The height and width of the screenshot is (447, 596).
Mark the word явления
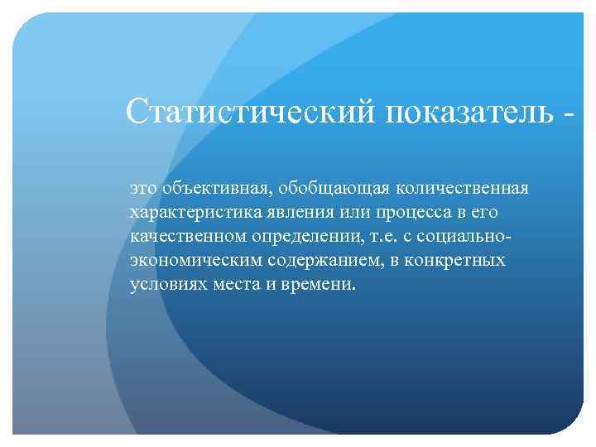291,213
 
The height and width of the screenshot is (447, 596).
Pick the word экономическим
195,261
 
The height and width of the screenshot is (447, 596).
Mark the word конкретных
459,261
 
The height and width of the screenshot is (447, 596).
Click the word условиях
165,285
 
